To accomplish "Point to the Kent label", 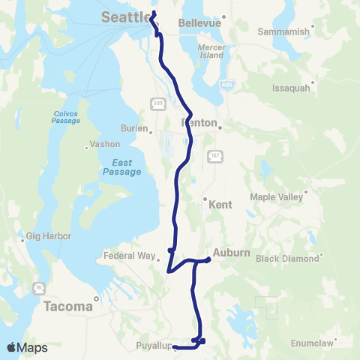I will [x=221, y=204].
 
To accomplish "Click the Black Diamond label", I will [x=288, y=259].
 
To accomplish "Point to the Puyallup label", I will [x=154, y=346].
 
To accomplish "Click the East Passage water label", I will [x=121, y=166].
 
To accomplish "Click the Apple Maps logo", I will [x=27, y=347].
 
